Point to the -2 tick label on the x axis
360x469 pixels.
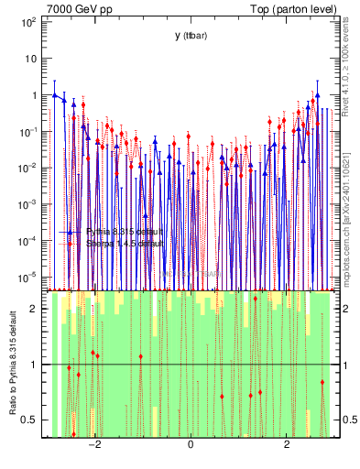click(x=93, y=446)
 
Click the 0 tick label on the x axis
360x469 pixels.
click(x=191, y=446)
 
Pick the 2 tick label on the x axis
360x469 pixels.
click(x=287, y=446)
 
